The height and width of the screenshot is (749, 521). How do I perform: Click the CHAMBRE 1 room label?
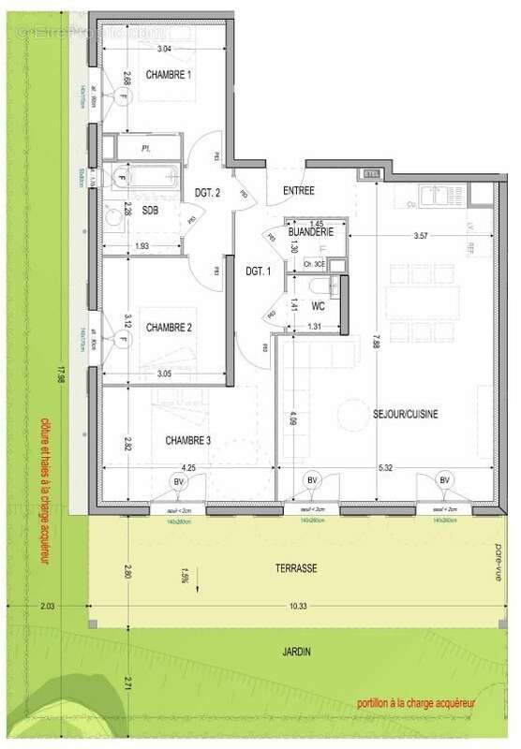pyautogui.click(x=169, y=73)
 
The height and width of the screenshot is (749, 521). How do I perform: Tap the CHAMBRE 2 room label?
pyautogui.click(x=169, y=327)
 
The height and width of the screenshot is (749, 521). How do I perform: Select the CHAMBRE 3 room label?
pyautogui.click(x=195, y=440)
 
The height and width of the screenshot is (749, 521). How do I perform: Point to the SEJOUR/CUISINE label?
pyautogui.click(x=406, y=413)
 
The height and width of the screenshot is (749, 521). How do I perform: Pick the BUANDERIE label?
pyautogui.click(x=309, y=229)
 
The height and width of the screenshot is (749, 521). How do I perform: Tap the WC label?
pyautogui.click(x=318, y=306)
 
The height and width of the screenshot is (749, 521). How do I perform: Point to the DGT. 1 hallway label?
pyautogui.click(x=258, y=271)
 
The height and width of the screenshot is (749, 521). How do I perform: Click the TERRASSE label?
pyautogui.click(x=295, y=568)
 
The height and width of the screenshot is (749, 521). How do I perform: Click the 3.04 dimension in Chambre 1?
pyautogui.click(x=163, y=47)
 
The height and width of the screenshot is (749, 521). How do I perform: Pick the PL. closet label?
pyautogui.click(x=146, y=148)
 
